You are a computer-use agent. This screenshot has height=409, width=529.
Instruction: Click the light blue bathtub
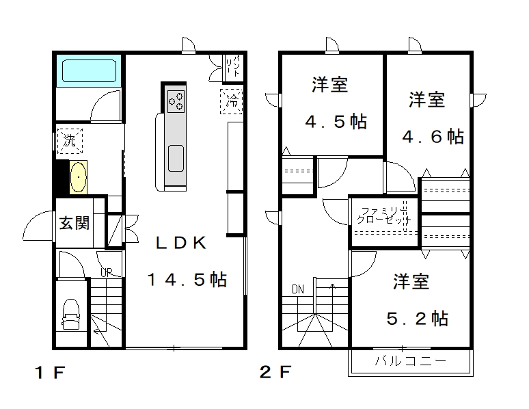point(89,70)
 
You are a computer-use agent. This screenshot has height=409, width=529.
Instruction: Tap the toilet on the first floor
point(71,314)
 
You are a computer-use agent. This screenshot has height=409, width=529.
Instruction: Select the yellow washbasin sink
point(79,177)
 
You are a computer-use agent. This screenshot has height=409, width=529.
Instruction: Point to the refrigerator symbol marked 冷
point(232,101)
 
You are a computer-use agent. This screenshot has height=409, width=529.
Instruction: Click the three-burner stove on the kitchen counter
point(176,101)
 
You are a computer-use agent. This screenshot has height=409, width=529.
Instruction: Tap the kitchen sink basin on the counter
point(176,159)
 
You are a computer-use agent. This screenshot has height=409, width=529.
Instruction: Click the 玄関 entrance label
point(74,223)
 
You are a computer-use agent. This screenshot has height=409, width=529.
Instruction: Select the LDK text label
point(180,243)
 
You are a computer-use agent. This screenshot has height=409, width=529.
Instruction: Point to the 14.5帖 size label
point(187,280)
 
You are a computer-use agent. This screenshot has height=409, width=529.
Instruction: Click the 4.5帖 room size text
point(336,122)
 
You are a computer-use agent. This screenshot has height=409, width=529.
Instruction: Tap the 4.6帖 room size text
point(433,137)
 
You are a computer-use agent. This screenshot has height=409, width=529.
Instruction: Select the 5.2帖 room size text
point(418,318)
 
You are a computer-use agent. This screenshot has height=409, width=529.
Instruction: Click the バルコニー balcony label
point(410,361)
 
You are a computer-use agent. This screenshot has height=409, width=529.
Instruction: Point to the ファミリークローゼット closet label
point(384,216)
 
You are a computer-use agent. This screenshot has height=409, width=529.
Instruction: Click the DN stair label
point(298,289)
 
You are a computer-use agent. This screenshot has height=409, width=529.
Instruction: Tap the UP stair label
point(106,272)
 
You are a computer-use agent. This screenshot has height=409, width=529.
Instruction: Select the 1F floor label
point(50,373)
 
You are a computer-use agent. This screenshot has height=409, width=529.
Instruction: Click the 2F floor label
point(275,372)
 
